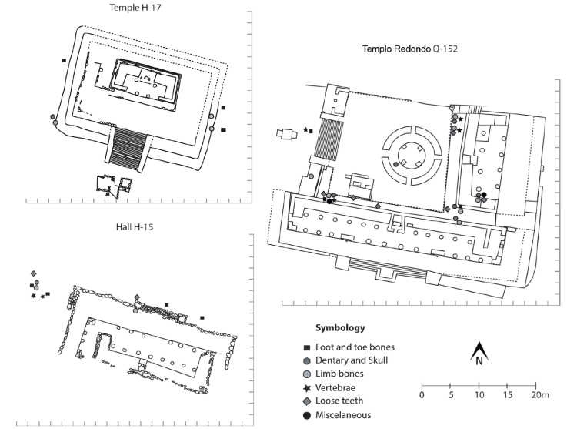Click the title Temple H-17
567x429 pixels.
pos(135,7)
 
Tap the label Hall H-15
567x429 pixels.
pos(134,227)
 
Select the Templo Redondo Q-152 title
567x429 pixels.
pos(410,49)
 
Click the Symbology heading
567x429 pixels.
pos(340,328)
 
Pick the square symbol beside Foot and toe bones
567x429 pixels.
pos(307,348)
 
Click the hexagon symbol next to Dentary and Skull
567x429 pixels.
pos(307,361)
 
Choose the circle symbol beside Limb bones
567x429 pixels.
pos(307,374)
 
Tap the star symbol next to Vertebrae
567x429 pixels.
pos(307,388)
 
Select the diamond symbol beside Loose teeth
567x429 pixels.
pos(307,401)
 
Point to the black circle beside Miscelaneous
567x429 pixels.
pos(307,416)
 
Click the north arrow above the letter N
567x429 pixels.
pos(479,350)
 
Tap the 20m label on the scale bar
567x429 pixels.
pos(540,394)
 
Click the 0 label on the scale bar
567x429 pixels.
pos(422,394)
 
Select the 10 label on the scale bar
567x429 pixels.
pos(479,394)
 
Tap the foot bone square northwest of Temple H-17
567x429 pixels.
pos(64,60)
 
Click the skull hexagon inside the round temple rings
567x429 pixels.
pos(395,164)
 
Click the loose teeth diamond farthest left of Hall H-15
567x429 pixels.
pos(34,273)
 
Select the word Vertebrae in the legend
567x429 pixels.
pos(335,388)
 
